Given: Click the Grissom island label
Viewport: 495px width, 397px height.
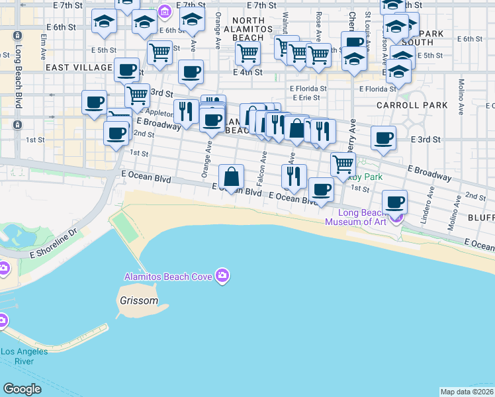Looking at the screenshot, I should tap(139, 300).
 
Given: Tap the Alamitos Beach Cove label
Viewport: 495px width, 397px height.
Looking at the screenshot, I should tap(169, 277).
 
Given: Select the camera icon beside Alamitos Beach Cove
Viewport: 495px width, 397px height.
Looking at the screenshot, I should tap(222, 275).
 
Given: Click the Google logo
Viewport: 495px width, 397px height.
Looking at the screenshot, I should tap(22, 389).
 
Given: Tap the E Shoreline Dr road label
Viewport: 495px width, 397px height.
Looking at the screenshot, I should tap(53, 252).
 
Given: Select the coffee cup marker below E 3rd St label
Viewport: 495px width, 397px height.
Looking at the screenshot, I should tap(383, 138).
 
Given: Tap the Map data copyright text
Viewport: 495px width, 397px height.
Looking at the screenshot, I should tap(466, 392).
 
